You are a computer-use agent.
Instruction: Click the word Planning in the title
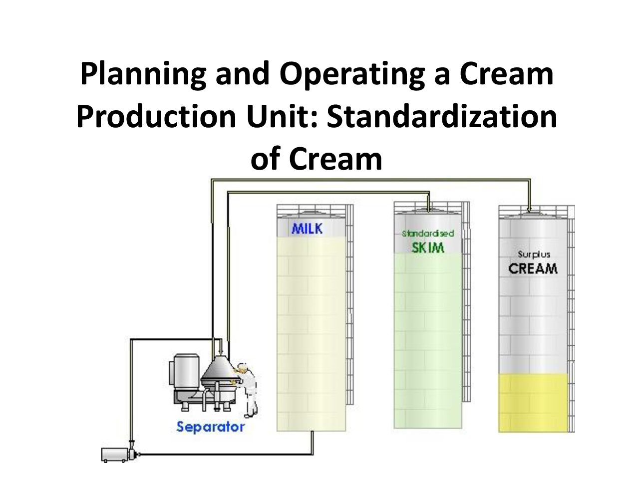143,74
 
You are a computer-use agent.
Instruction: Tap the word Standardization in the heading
442,116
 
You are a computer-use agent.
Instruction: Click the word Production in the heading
156,116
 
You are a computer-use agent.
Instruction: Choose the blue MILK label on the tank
307,229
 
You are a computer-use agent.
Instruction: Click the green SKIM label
428,247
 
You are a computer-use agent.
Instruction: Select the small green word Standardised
428,233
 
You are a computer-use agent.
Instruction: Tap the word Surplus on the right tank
534,255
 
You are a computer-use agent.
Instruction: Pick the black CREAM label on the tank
533,268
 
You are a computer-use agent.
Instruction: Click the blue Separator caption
211,427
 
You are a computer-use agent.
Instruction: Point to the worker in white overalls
247,390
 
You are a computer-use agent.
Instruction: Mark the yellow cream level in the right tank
533,403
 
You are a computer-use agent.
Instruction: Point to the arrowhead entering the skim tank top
428,209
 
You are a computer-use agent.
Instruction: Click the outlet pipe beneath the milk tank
313,443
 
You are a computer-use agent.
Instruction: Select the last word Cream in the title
335,159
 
